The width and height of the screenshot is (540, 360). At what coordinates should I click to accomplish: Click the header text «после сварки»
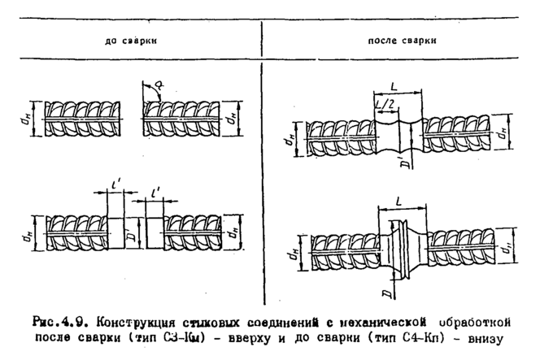400,39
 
